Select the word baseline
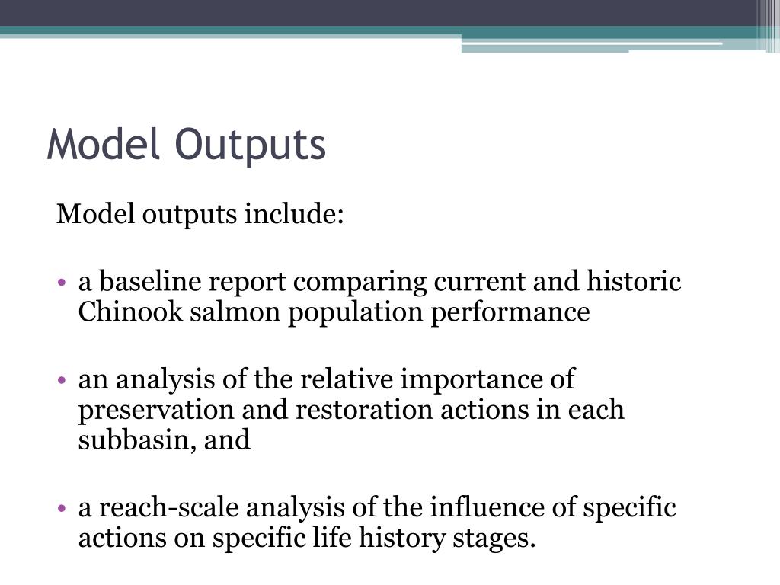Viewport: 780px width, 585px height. point(150,282)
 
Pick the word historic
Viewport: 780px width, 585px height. point(632,282)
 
